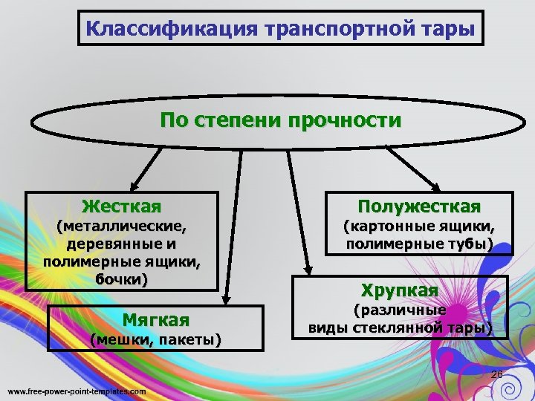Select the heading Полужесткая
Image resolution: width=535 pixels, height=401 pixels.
click(419, 206)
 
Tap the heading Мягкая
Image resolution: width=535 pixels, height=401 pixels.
click(155, 320)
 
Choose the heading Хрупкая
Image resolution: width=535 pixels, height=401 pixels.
click(400, 289)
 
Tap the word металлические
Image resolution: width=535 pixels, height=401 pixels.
click(122, 225)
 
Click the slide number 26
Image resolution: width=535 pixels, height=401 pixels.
click(497, 374)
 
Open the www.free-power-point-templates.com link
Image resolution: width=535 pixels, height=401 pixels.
click(77, 391)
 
